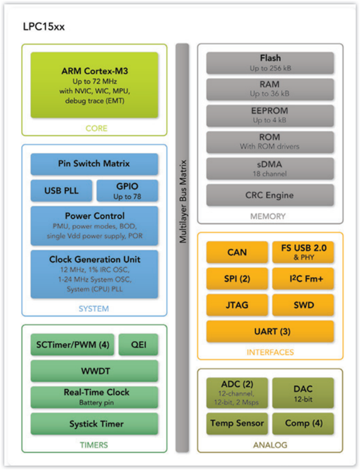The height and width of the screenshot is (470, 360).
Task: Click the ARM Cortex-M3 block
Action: click(94, 85)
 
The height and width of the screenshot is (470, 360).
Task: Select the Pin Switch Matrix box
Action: click(94, 164)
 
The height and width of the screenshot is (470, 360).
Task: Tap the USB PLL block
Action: click(62, 191)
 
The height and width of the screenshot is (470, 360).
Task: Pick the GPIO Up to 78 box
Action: click(127, 191)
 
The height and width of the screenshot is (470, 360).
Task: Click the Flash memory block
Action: click(270, 63)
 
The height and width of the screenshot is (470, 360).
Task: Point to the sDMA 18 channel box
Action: click(270, 168)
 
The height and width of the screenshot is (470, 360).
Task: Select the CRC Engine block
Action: click(270, 195)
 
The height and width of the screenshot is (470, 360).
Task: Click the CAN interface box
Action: click(237, 252)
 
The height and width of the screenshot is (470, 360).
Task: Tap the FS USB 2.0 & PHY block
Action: click(303, 252)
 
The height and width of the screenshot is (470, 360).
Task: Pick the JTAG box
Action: click(237, 305)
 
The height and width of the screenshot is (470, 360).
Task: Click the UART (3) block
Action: click(270, 331)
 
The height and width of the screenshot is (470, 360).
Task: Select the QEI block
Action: click(138, 345)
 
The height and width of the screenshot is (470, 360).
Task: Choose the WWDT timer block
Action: click(94, 371)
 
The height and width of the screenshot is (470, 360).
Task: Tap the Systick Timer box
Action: click(94, 424)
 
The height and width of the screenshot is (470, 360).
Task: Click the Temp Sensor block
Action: click(237, 423)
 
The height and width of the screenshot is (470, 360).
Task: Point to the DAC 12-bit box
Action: click(303, 393)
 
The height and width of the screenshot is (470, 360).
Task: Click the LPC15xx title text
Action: click(44, 27)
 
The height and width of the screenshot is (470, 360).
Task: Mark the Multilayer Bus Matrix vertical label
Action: click(183, 201)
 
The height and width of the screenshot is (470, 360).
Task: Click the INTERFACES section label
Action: click(270, 352)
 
